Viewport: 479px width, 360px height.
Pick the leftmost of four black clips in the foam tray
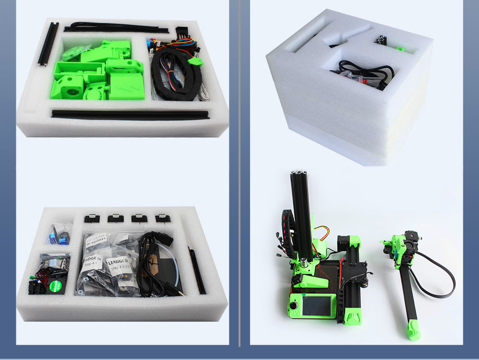point(91,218)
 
